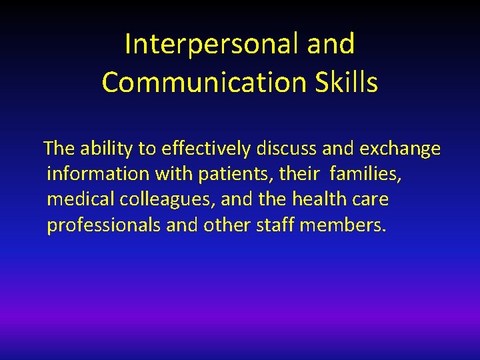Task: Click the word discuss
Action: pos(280,149)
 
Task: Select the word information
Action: pos(99,174)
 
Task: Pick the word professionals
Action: pos(104,225)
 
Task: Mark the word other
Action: pos(227,225)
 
